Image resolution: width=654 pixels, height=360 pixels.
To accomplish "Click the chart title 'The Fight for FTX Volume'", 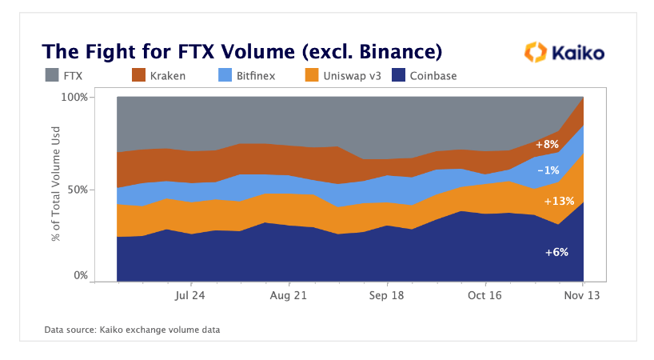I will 242,53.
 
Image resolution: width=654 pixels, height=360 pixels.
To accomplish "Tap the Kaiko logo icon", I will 534,53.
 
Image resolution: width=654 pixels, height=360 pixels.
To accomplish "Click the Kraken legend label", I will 166,76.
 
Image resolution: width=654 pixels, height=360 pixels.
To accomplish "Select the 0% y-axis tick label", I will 79,276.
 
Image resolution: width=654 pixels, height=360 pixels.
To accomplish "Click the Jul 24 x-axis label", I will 190,295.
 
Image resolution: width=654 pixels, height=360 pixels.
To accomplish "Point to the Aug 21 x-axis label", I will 289,295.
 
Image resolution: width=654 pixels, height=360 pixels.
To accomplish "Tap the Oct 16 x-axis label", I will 485,295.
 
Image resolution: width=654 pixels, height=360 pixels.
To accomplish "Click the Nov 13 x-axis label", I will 583,295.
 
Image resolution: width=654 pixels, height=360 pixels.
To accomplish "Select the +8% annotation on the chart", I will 546,145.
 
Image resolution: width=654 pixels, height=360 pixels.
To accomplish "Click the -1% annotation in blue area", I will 548,170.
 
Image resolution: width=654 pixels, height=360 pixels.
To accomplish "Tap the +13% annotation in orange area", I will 559,201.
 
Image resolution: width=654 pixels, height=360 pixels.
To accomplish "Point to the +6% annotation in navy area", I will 556,252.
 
